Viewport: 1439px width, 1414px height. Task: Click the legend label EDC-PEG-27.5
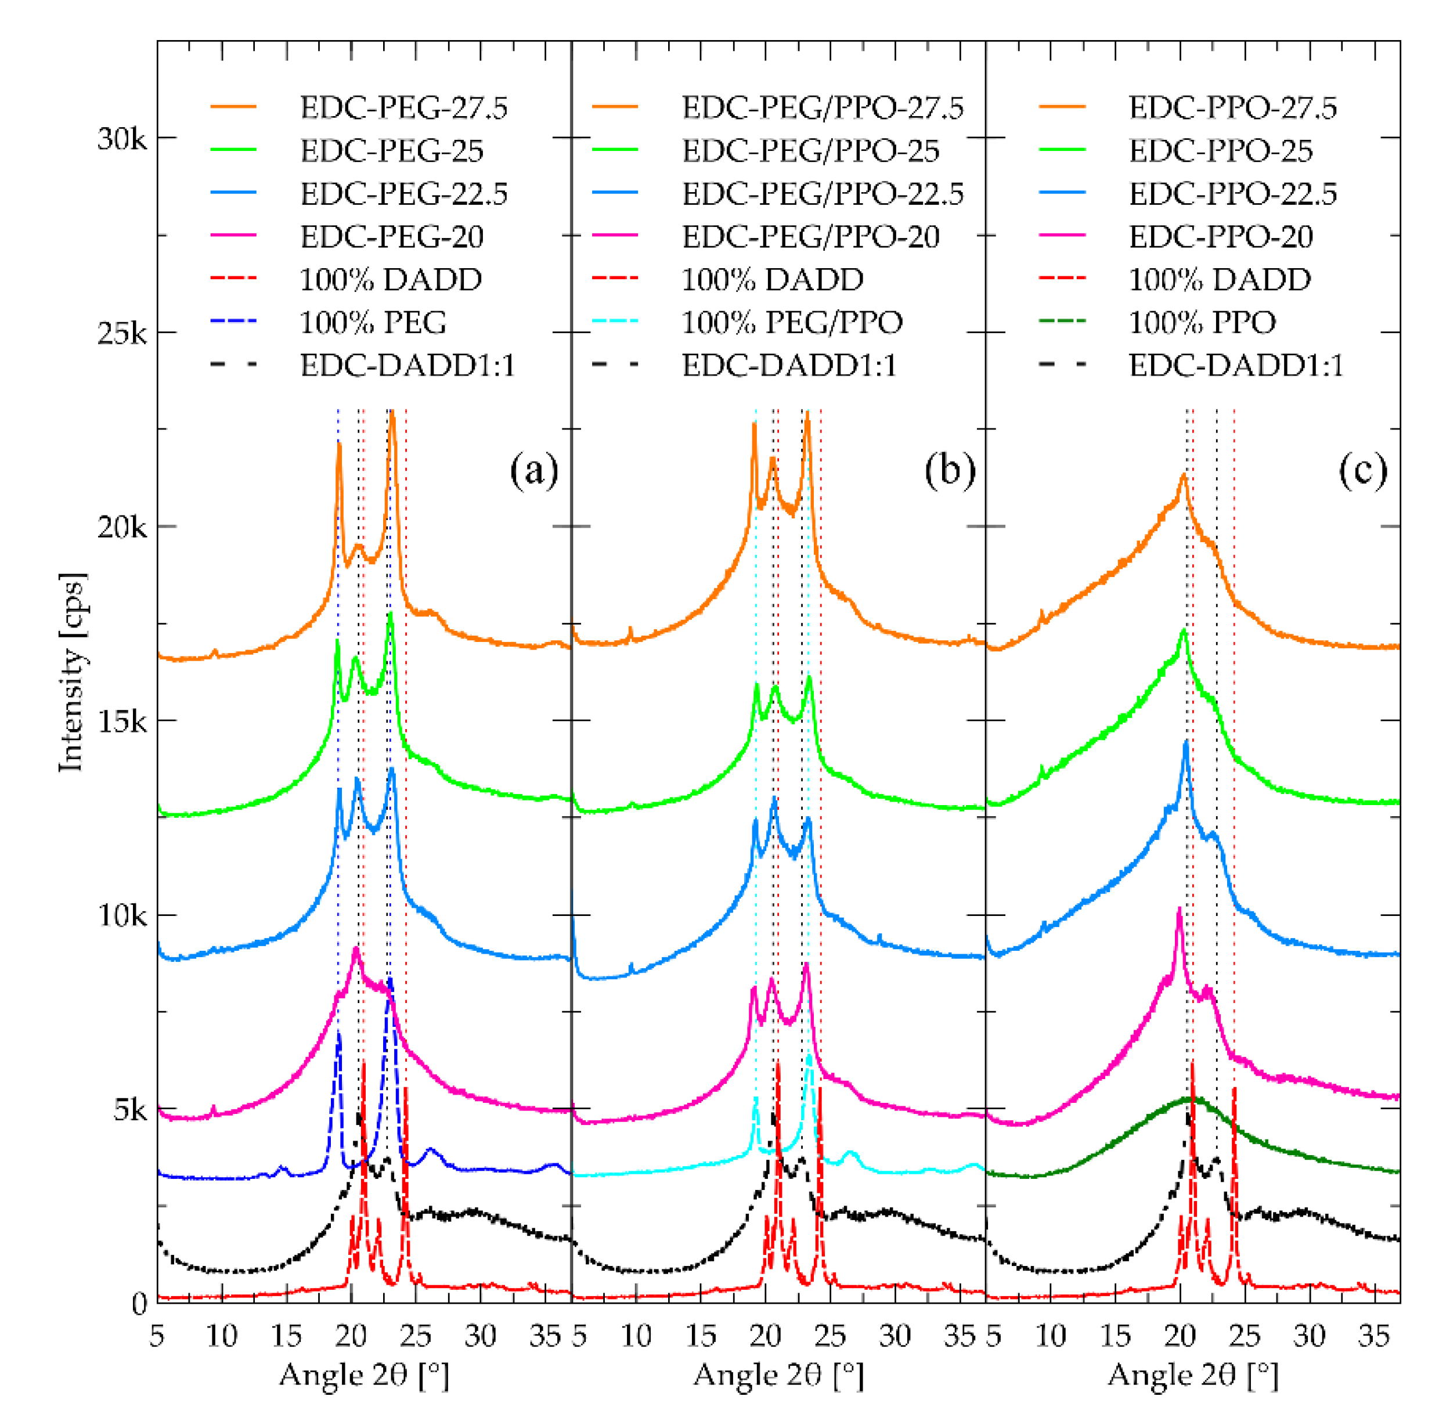click(x=403, y=108)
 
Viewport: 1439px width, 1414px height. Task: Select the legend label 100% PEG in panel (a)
click(x=373, y=322)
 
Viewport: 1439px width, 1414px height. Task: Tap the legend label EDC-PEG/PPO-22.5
click(x=822, y=194)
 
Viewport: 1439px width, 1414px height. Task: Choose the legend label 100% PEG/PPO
click(x=792, y=322)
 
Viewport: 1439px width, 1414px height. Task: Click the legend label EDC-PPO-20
click(x=1220, y=237)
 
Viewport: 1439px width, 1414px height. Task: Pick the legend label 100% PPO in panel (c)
click(x=1202, y=322)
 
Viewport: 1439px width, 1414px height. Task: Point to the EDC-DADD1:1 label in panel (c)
click(x=1236, y=365)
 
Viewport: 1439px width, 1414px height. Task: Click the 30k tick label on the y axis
click(x=122, y=139)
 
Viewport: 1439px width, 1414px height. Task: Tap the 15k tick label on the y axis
click(x=122, y=721)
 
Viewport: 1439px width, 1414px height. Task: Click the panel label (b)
click(x=949, y=471)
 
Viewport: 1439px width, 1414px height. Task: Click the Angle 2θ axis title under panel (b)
click(x=778, y=1374)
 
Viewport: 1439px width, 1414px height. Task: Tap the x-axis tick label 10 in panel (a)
click(x=221, y=1336)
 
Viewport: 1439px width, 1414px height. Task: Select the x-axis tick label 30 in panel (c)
click(x=1309, y=1336)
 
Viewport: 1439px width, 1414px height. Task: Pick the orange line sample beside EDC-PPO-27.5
click(x=1062, y=108)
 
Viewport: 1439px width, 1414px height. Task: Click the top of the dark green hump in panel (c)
click(x=1190, y=1098)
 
